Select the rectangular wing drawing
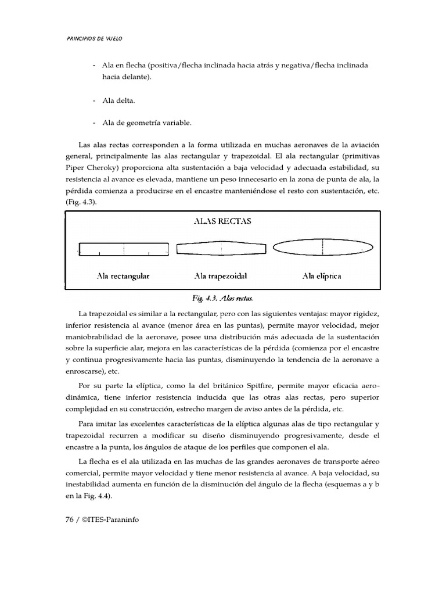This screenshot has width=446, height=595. [x=123, y=249]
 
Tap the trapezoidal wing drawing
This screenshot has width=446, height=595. [x=221, y=249]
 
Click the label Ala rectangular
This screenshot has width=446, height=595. [x=123, y=276]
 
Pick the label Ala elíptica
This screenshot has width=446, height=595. [x=322, y=276]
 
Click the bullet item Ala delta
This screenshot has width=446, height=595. [x=118, y=101]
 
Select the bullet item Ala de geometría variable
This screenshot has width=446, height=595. [x=146, y=123]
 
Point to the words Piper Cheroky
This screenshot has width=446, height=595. [x=86, y=167]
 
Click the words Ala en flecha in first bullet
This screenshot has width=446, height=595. [x=124, y=66]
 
